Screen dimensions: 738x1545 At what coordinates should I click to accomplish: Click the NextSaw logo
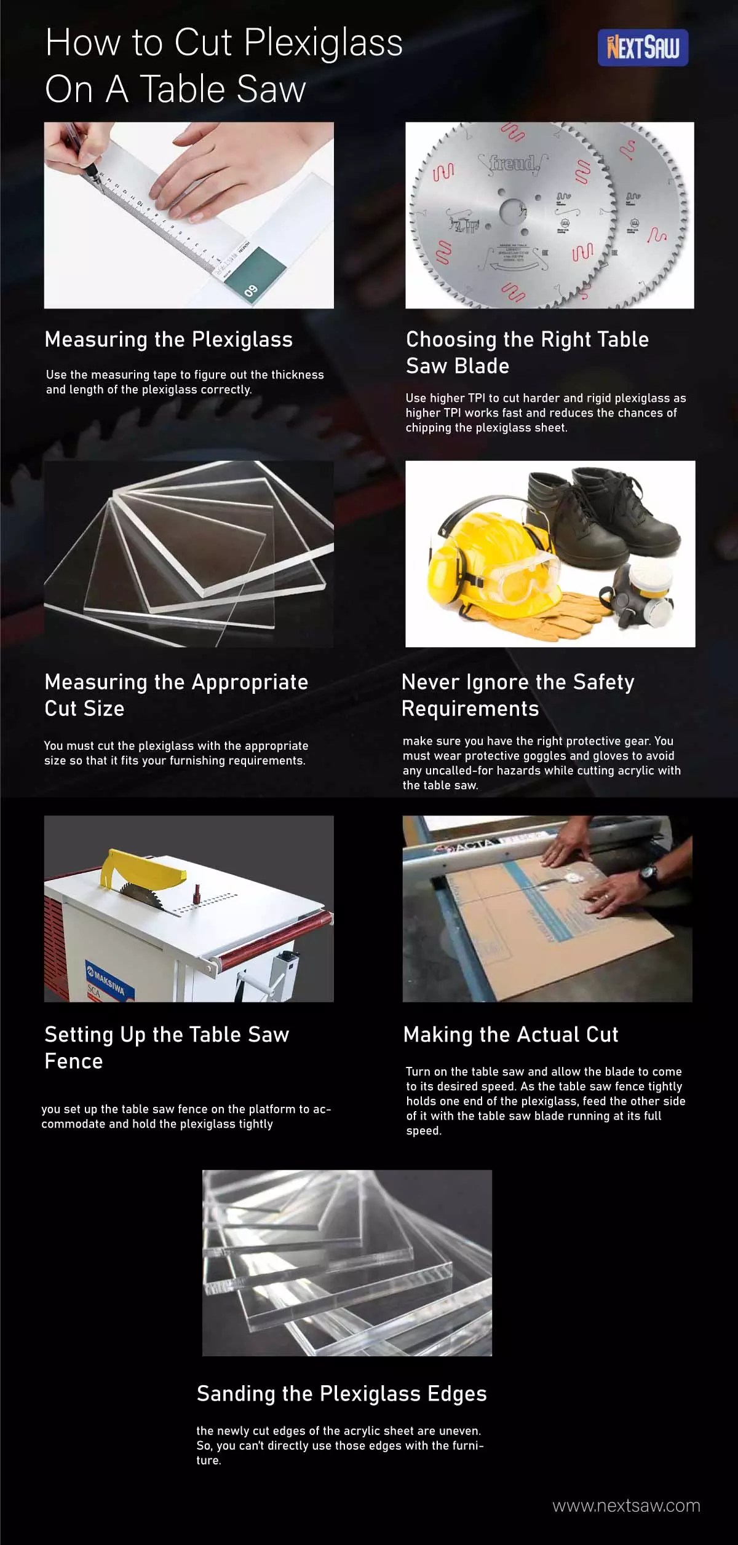pyautogui.click(x=643, y=47)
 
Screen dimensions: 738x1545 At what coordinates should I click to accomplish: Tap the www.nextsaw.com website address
pyautogui.click(x=626, y=1505)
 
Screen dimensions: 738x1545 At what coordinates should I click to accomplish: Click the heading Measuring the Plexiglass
pyautogui.click(x=169, y=340)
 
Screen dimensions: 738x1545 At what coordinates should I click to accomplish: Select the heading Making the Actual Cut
pyautogui.click(x=510, y=1034)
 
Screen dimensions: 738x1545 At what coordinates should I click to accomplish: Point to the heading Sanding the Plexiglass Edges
pyautogui.click(x=341, y=1393)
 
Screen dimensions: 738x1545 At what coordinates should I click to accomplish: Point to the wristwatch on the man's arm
pyautogui.click(x=648, y=873)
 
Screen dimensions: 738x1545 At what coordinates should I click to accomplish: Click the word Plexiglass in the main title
pyautogui.click(x=323, y=44)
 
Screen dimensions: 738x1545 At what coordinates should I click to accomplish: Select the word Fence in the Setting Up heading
pyautogui.click(x=74, y=1061)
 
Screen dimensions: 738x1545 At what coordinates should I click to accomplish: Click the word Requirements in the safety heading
pyautogui.click(x=470, y=709)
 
